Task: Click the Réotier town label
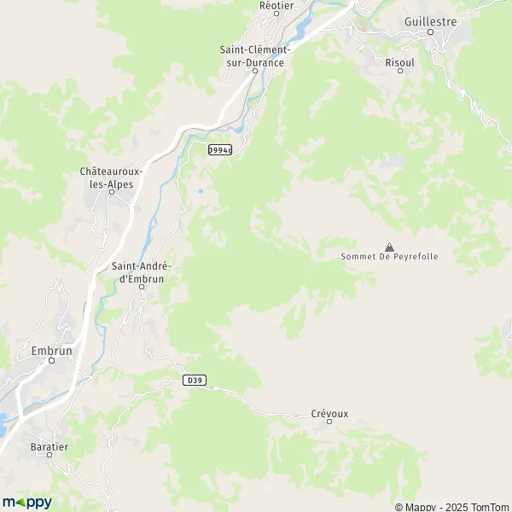[x=276, y=4]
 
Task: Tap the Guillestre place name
[x=431, y=20]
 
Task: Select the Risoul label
[x=399, y=62]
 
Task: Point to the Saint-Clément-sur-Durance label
[x=255, y=55]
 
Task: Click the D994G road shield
[x=220, y=149]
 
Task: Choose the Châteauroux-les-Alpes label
[x=110, y=177]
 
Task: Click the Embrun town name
[x=50, y=349]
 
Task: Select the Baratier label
[x=49, y=445]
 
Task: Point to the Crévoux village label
[x=329, y=413]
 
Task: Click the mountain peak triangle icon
[x=390, y=246]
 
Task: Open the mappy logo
[x=26, y=502]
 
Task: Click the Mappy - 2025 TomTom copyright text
[x=452, y=507]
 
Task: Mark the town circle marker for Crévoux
[x=329, y=422]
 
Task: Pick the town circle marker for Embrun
[x=51, y=360]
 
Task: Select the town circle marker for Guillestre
[x=432, y=32]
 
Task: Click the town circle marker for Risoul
[x=399, y=72]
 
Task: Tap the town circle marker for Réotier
[x=276, y=13]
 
